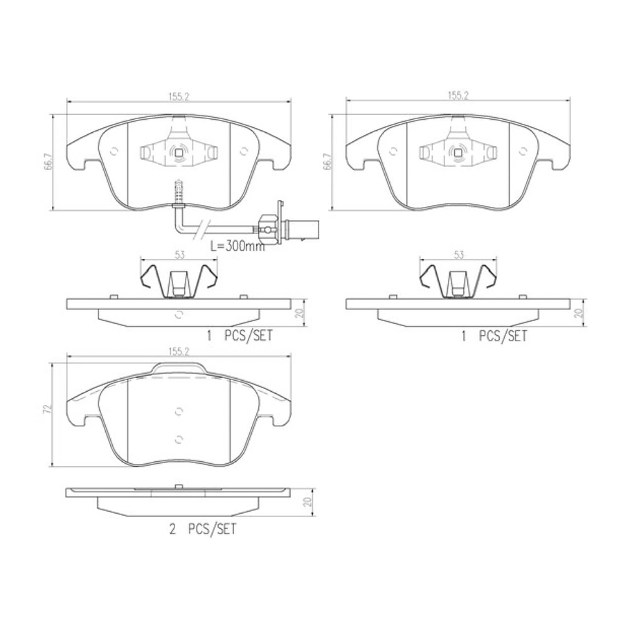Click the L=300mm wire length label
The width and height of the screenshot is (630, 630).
pyautogui.click(x=237, y=245)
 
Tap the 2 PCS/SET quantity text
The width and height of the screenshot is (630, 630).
pyautogui.click(x=204, y=530)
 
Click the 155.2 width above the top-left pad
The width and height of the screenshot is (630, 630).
pyautogui.click(x=179, y=96)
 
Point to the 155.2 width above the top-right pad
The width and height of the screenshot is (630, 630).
pyautogui.click(x=458, y=96)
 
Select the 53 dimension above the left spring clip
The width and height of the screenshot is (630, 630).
pyautogui.click(x=179, y=255)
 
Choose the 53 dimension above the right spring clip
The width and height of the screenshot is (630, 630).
pyautogui.click(x=458, y=255)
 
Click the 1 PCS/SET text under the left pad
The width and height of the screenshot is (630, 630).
pyautogui.click(x=240, y=336)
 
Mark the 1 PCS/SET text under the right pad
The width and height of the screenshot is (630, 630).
pyautogui.click(x=494, y=336)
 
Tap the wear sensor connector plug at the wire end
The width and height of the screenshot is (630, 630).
pyautogui.click(x=269, y=225)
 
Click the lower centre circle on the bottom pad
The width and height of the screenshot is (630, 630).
pyautogui.click(x=179, y=438)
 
